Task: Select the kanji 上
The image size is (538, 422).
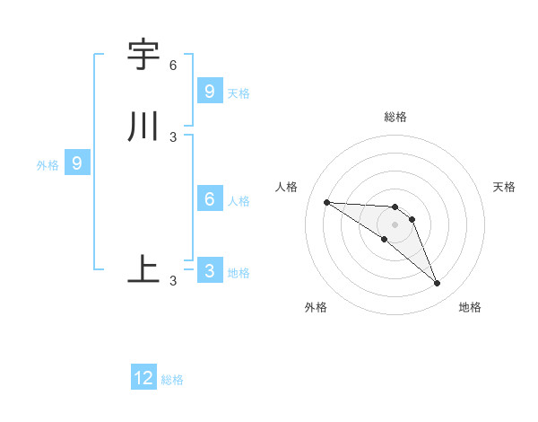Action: tap(143, 268)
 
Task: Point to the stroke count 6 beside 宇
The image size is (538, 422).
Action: tap(173, 66)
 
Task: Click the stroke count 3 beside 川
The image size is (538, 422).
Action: tap(173, 136)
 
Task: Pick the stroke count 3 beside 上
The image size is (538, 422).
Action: tap(173, 281)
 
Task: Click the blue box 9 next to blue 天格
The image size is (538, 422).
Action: tap(209, 91)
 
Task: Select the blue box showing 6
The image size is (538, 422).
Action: tap(209, 199)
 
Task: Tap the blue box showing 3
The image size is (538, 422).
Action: tap(209, 270)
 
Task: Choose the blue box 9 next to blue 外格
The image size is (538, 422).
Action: tap(77, 163)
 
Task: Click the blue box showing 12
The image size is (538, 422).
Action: tap(143, 378)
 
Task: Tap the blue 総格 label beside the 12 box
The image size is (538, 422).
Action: tap(172, 380)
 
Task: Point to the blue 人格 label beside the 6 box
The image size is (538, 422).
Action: tap(239, 200)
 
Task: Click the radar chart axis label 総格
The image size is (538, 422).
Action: tap(395, 117)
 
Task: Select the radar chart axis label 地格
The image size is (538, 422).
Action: tap(470, 307)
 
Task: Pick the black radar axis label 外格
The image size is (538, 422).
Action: tap(316, 307)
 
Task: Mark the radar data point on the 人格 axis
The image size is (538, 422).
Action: tap(326, 202)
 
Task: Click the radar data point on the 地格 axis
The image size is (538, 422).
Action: tap(438, 284)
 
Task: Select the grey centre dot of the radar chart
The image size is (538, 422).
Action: tap(395, 224)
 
